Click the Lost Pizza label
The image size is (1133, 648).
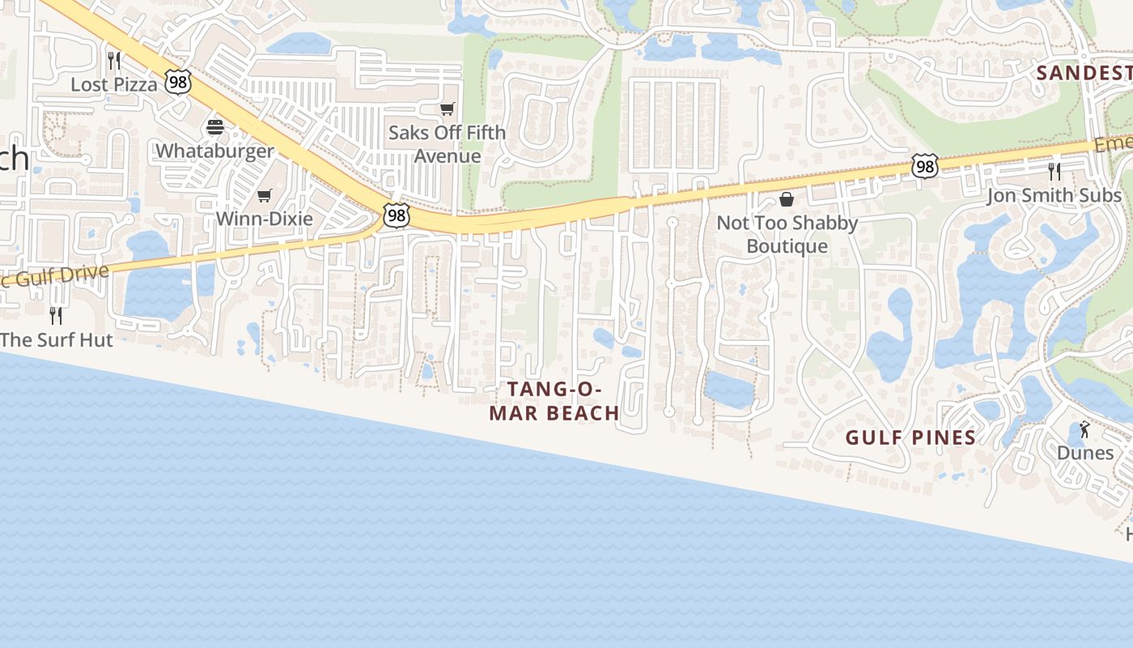(x=114, y=84)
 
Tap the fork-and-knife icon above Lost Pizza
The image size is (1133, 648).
(x=114, y=60)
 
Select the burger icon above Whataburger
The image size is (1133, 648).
(x=215, y=126)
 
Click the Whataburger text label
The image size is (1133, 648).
(x=214, y=151)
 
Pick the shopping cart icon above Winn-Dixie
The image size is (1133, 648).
(x=264, y=195)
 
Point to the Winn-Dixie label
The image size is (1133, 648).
(x=264, y=219)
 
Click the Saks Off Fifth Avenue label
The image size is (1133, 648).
(x=447, y=144)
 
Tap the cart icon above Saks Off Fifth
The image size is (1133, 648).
(x=447, y=109)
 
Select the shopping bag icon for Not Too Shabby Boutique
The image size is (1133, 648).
(x=786, y=199)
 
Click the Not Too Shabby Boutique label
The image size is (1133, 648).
(x=787, y=234)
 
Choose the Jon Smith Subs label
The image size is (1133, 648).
(x=1054, y=195)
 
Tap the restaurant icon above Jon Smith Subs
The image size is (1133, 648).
(x=1054, y=171)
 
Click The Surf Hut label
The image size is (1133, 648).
(x=57, y=339)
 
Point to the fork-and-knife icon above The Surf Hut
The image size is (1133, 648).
(x=56, y=315)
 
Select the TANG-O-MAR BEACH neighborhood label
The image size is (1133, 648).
(x=555, y=401)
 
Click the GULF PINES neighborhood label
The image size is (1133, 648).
(x=910, y=438)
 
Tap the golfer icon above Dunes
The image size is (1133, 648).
(x=1084, y=429)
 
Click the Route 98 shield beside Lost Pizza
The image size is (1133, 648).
(x=179, y=81)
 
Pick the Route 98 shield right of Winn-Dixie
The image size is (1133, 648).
(x=396, y=215)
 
